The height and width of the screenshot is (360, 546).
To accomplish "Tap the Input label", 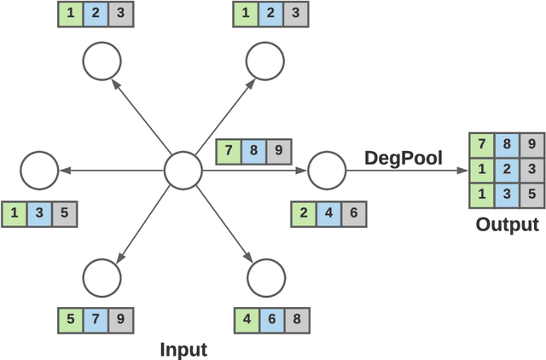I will pos(183,349).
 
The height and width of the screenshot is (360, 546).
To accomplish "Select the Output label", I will pos(508,225).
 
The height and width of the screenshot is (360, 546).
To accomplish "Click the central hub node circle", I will pos(182,171).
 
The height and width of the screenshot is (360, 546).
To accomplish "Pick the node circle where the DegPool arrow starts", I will pos(324,171).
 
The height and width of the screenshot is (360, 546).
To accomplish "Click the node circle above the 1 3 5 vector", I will pos(38,171).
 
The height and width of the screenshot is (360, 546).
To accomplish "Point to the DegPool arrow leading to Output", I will pos(401,171).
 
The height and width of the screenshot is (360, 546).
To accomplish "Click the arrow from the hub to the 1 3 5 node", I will pos(111,171).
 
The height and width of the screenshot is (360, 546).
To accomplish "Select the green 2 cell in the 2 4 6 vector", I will pos(304,213).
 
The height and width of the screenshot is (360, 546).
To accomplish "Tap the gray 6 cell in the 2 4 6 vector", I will pos(353,213).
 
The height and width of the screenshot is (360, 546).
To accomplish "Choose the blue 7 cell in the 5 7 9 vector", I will pos(96,320).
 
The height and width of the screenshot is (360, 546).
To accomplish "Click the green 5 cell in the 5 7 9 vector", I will pos(70,320).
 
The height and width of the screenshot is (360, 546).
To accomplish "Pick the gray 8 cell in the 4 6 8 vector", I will pos(297,320).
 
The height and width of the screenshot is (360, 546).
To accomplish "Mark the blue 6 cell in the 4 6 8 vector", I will pos(271,320).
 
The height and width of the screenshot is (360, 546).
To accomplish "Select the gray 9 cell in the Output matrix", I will pos(531,145).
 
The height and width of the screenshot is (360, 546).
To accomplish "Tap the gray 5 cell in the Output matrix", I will pos(531,195).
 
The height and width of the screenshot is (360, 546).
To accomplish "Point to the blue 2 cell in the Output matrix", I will pos(507,170).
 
